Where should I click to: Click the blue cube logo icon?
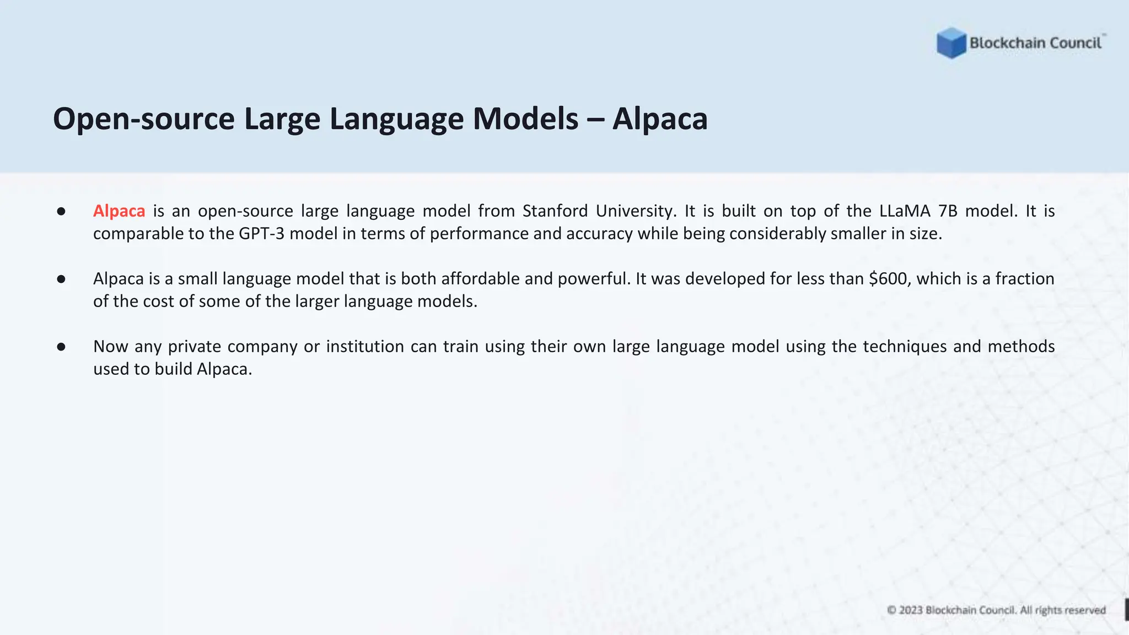[x=951, y=42]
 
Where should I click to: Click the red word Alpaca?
[x=119, y=211]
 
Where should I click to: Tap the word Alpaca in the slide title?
[x=660, y=119]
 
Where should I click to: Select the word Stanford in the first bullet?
[x=555, y=211]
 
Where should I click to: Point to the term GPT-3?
[x=261, y=234]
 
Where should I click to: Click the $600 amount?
[x=890, y=279]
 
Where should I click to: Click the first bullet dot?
[x=61, y=212]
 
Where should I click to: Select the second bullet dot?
[x=61, y=279]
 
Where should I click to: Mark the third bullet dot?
[x=61, y=347]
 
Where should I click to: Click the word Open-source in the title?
[x=144, y=119]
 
